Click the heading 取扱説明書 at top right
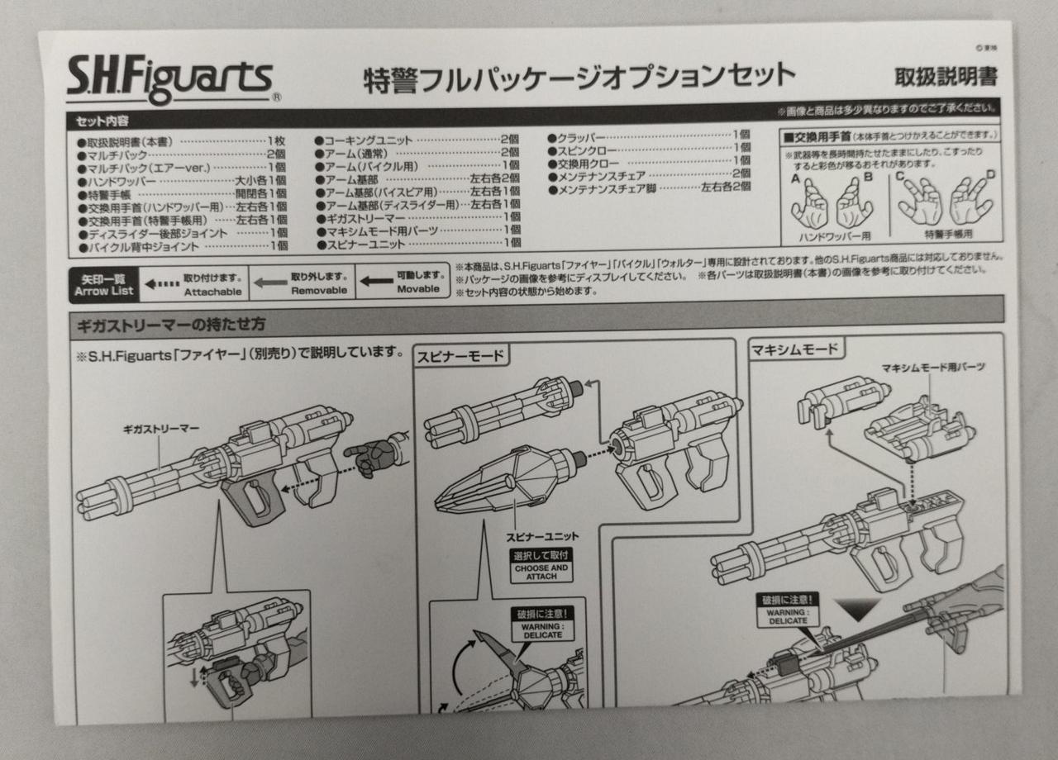coord(946,77)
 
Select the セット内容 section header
coord(98,120)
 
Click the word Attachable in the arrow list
coord(212,292)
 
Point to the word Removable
coord(318,291)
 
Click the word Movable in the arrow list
coord(417,290)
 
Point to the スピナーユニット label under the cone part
coord(543,536)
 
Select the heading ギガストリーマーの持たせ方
coord(172,324)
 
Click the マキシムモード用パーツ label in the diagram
coord(933,367)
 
